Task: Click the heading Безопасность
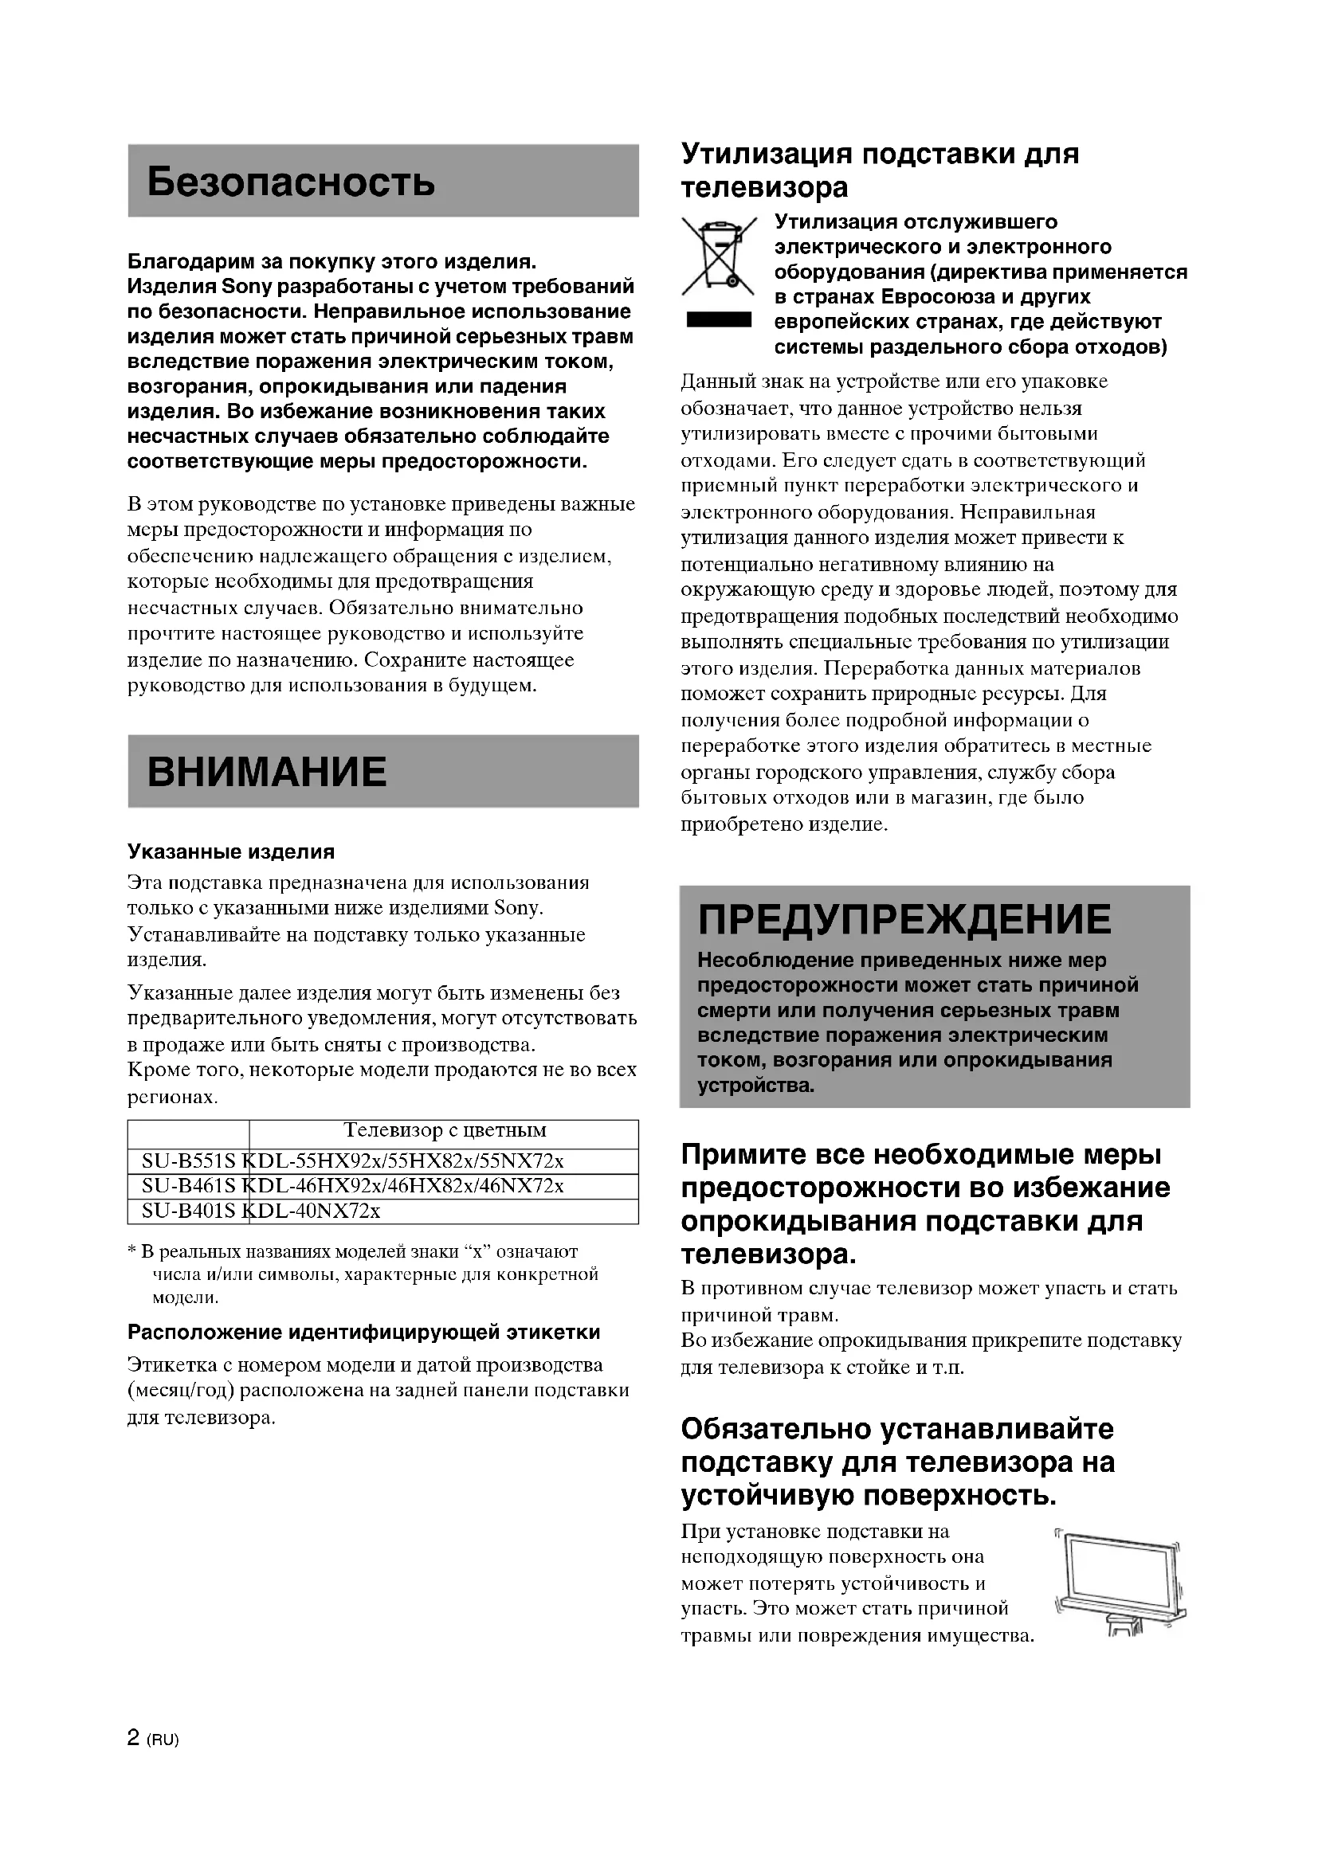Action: tap(291, 182)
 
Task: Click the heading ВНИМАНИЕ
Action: tap(267, 771)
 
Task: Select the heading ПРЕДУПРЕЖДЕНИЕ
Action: tap(904, 919)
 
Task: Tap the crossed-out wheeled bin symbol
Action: tap(719, 256)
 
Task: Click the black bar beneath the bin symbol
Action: tap(718, 320)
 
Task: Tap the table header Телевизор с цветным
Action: tap(445, 1130)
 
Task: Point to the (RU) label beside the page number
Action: tap(163, 1740)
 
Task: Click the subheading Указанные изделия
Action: tap(230, 851)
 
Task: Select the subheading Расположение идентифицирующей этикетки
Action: tap(363, 1333)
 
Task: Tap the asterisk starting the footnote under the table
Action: tap(132, 1252)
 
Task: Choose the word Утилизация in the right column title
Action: tap(765, 153)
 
